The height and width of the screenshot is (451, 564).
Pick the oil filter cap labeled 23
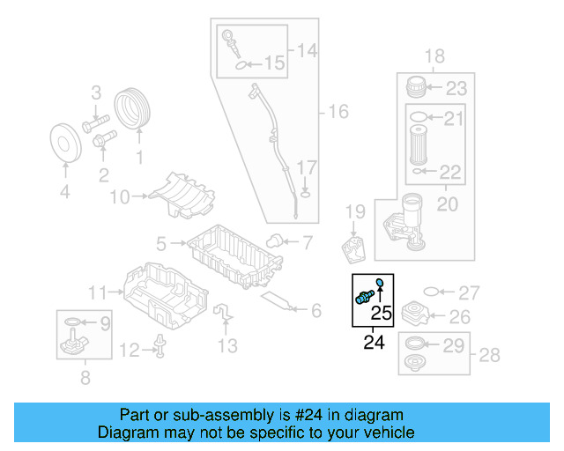(416, 88)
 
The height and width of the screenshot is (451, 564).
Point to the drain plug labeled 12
(161, 348)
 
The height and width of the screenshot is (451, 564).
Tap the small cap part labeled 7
(274, 240)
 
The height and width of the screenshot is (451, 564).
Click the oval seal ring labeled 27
(432, 292)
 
